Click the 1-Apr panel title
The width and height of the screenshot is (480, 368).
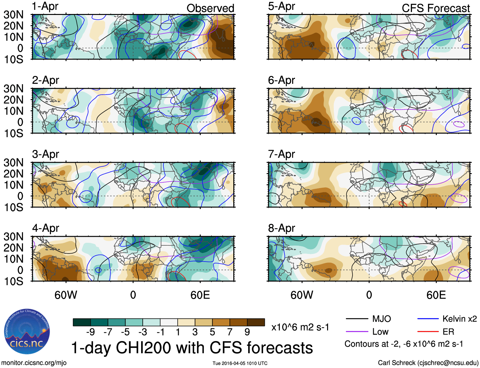click(x=45, y=7)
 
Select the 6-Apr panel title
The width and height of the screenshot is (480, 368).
click(x=281, y=80)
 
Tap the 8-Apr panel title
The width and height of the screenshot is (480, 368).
click(x=281, y=228)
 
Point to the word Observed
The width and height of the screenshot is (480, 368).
click(x=210, y=8)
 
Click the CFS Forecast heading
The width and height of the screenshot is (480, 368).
click(x=435, y=8)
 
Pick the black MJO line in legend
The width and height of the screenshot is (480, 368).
click(x=357, y=319)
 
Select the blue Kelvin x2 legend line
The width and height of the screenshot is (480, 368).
click(x=428, y=319)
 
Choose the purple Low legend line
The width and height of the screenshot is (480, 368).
click(x=357, y=332)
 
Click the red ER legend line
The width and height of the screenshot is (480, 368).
click(x=428, y=332)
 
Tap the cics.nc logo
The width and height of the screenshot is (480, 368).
click(x=27, y=331)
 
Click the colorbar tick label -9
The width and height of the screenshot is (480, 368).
click(x=91, y=332)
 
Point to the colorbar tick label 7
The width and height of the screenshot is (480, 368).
click(x=230, y=332)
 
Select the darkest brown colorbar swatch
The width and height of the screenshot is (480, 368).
click(x=256, y=322)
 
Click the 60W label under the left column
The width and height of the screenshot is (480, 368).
click(x=66, y=295)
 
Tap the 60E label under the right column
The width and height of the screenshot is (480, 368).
click(x=436, y=295)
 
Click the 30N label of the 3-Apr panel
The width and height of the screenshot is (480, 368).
click(x=13, y=163)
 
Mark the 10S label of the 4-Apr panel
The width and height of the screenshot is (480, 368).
click(x=13, y=281)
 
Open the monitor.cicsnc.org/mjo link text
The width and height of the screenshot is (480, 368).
click(x=34, y=363)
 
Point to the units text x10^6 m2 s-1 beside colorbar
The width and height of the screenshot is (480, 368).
click(x=300, y=327)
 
